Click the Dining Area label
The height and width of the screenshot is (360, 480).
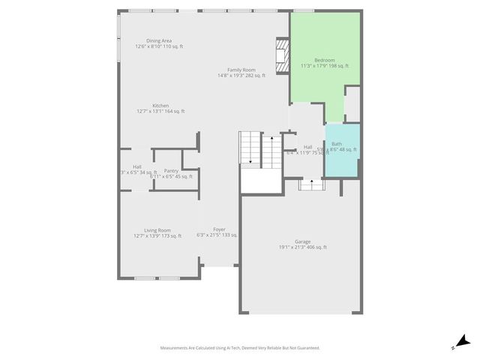click(x=159, y=40)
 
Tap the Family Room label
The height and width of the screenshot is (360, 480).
click(x=241, y=70)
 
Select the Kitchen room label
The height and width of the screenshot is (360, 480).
click(x=160, y=106)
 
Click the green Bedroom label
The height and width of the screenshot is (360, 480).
click(x=325, y=60)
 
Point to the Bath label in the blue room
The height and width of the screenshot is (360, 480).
click(x=337, y=143)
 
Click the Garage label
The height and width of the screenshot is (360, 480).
click(x=303, y=241)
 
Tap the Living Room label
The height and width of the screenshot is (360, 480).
click(x=157, y=230)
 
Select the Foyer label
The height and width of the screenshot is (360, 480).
click(x=219, y=229)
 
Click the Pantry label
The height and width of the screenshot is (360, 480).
click(x=171, y=171)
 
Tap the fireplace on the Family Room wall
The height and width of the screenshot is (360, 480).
click(x=280, y=56)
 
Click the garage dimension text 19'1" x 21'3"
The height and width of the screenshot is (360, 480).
click(x=290, y=247)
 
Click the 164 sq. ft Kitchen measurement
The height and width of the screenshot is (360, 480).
click(x=174, y=112)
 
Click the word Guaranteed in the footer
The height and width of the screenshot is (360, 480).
click(x=305, y=348)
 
